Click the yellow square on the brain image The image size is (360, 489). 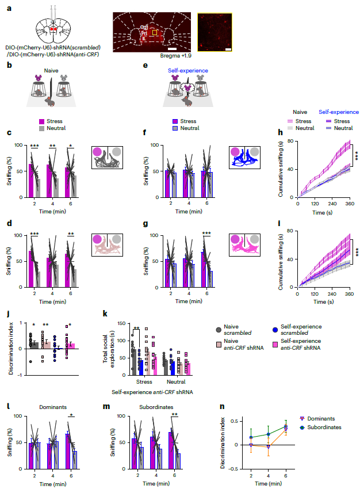tap(154, 33)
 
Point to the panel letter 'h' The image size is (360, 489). tap(280, 132)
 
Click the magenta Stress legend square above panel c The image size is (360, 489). tap(42, 122)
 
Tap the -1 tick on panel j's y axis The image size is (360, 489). tap(12, 375)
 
